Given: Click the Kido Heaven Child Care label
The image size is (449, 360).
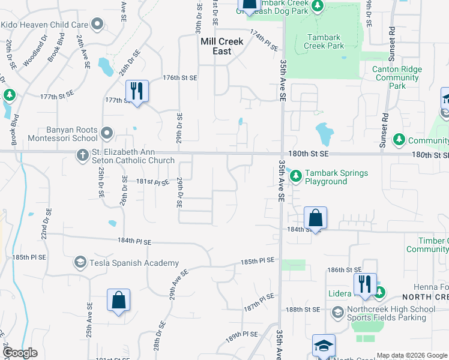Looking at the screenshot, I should point(44,25).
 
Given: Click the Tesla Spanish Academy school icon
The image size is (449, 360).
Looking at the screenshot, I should point(80,262).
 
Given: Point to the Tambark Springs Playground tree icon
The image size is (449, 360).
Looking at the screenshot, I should point(296,176).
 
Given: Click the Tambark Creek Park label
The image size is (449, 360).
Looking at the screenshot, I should point(324,41).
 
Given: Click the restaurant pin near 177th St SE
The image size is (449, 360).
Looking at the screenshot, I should point(137,92).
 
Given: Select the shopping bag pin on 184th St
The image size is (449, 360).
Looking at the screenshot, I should point(315,218).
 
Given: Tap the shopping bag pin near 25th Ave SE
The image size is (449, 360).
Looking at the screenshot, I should point(118,301).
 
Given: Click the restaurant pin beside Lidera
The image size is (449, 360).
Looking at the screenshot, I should point(364,284).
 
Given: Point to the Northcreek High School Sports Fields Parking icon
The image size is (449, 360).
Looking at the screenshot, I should point(339,313).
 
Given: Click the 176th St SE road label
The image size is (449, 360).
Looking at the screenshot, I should point(180,78).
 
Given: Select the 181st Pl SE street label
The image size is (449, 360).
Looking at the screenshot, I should point(152,181).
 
